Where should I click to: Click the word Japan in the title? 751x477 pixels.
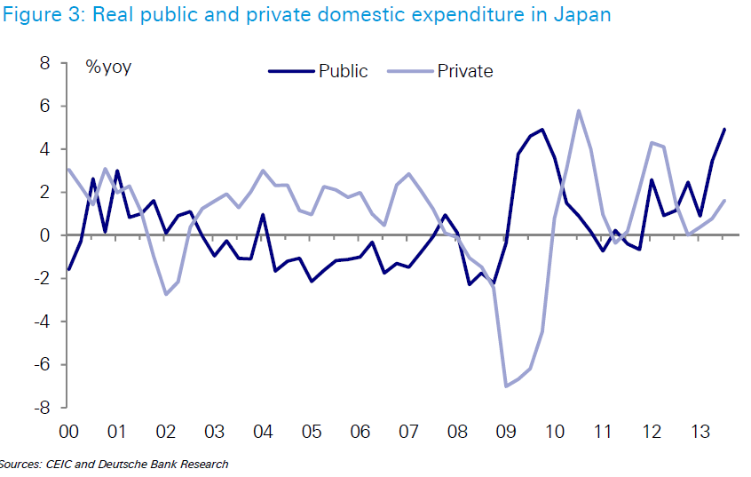click(x=581, y=16)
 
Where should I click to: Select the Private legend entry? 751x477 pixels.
click(x=464, y=71)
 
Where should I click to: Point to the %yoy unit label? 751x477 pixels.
click(x=108, y=67)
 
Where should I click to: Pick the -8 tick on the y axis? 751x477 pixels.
click(x=40, y=408)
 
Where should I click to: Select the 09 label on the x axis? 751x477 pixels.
click(x=505, y=432)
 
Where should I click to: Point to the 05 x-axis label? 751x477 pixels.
click(x=311, y=432)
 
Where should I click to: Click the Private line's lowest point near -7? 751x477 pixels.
click(x=506, y=386)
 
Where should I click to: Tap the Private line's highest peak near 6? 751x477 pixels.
click(x=579, y=111)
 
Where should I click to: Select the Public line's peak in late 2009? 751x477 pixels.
click(x=542, y=130)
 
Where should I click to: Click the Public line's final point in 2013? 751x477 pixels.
click(x=724, y=130)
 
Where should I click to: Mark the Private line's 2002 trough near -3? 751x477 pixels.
click(x=166, y=294)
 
